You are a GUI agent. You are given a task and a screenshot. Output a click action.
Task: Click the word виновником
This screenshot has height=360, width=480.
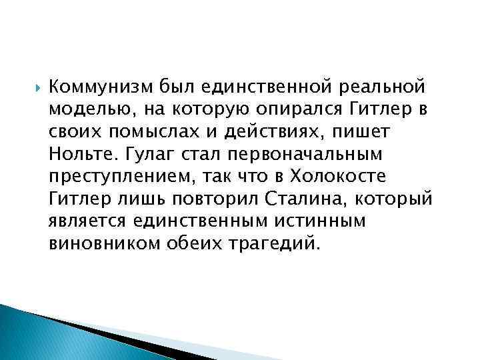point(97,243)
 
